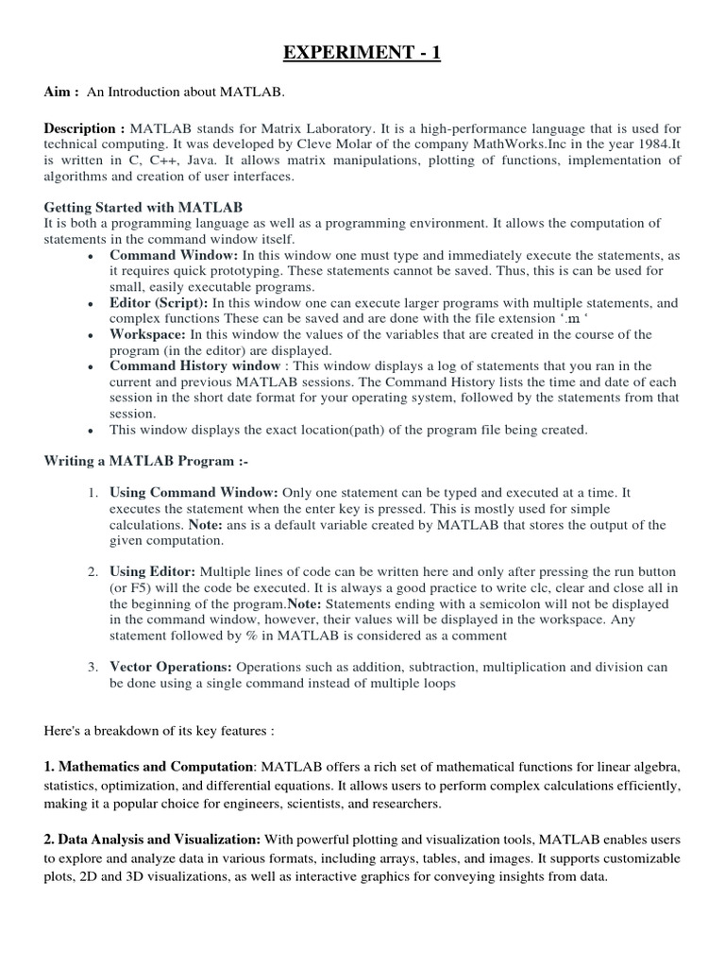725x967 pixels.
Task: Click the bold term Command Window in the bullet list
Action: (174, 255)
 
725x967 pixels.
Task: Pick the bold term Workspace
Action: (148, 334)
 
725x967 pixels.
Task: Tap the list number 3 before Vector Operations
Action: (93, 668)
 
